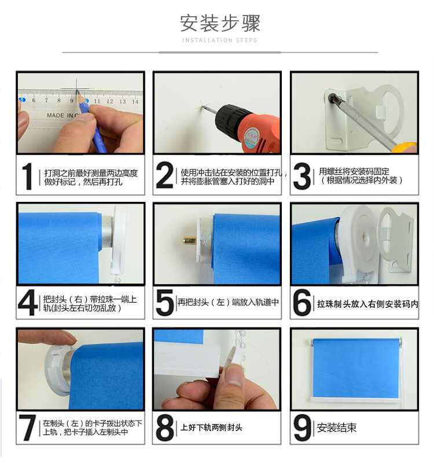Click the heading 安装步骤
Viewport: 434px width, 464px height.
pos(220,23)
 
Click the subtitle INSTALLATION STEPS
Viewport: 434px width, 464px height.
pos(220,40)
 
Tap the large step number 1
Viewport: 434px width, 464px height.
pos(27,176)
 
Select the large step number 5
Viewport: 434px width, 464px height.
pos(164,302)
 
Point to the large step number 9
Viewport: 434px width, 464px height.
pos(301,428)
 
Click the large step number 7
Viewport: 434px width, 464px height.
pos(27,428)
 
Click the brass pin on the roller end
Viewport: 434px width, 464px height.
pos(189,239)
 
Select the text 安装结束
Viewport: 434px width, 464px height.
pos(337,428)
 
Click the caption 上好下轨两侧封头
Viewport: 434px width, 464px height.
pos(211,428)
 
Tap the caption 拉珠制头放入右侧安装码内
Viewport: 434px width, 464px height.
pos(367,304)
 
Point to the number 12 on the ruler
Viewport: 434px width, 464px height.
pos(110,101)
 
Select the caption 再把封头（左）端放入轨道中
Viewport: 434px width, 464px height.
pos(228,302)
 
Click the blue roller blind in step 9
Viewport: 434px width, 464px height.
pos(355,369)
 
